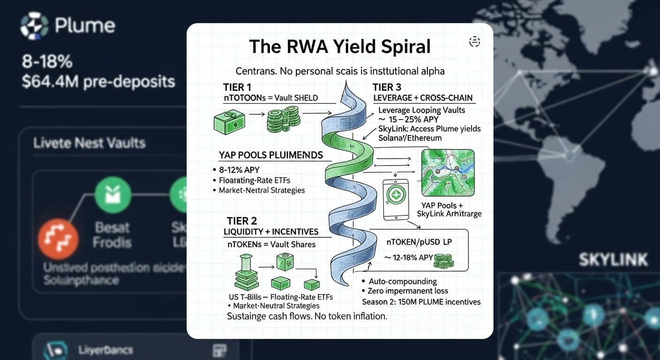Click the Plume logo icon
[34, 26]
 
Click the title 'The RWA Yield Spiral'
[339, 47]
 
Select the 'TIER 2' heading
[241, 221]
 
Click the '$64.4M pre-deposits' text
[98, 82]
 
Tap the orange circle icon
[58, 239]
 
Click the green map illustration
[448, 172]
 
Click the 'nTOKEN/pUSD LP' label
[419, 242]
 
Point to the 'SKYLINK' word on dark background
[613, 260]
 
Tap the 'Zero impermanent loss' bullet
[405, 291]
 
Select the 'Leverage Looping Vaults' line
[421, 110]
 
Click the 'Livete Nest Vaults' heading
[89, 143]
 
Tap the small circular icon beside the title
[474, 42]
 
